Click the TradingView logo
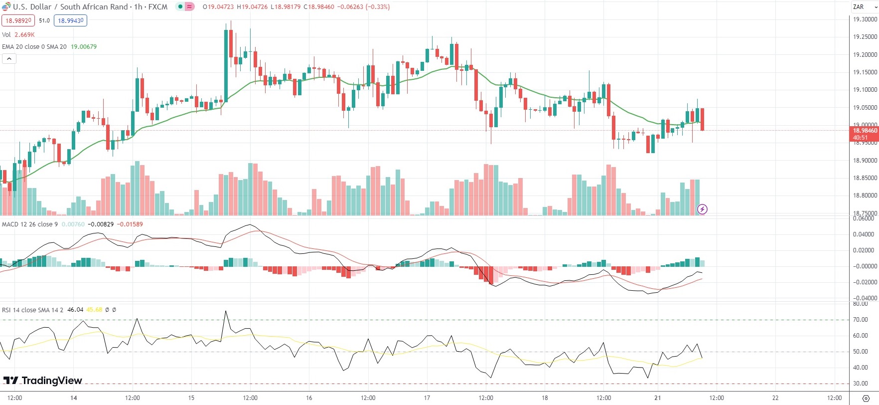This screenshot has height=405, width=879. tap(43, 381)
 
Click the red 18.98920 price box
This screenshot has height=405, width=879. tap(18, 20)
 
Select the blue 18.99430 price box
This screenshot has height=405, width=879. tap(70, 20)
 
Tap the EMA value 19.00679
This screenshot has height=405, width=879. tap(84, 47)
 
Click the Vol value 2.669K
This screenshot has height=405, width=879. tap(24, 35)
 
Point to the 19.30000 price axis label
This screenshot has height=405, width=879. tap(865, 19)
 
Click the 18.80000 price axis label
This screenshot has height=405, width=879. tap(865, 196)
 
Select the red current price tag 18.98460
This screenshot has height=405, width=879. tap(865, 131)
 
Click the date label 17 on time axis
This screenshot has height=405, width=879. tap(427, 398)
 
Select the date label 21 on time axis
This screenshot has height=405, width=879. tap(658, 398)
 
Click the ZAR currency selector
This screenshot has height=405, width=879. tap(862, 7)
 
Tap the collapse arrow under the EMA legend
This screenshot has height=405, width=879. tap(9, 59)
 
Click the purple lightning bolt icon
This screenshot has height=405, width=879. tap(702, 209)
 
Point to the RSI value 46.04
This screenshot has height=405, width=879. tap(75, 310)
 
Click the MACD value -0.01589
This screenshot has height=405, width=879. tap(130, 224)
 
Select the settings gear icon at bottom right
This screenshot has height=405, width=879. tap(866, 398)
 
